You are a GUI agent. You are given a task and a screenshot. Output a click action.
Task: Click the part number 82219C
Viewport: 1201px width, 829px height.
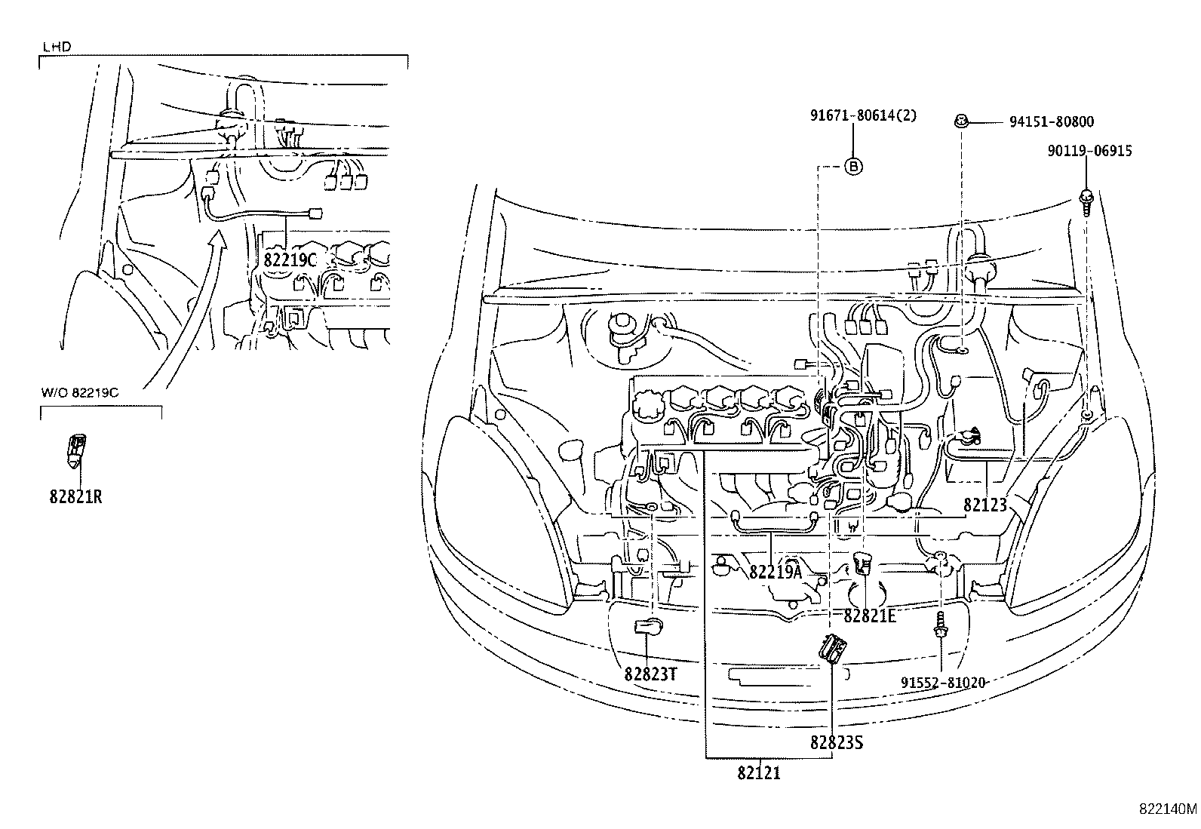(290, 258)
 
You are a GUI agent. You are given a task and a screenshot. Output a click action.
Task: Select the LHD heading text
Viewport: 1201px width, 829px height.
(57, 47)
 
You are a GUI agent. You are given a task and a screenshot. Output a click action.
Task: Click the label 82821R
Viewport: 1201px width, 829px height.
(76, 497)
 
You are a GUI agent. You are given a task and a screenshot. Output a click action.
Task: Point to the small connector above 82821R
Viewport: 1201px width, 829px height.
(76, 450)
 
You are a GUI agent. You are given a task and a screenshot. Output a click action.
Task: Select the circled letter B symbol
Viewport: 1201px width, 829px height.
(852, 167)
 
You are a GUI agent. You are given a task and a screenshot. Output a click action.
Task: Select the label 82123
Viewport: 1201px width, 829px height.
(984, 505)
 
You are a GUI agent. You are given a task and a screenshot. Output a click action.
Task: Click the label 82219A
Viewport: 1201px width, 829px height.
(776, 571)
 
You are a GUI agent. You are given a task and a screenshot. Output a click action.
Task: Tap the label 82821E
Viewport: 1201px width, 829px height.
(869, 616)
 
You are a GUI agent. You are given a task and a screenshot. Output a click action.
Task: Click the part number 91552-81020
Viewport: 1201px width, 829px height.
(943, 682)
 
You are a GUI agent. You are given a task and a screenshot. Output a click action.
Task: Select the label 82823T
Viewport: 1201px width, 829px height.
(650, 674)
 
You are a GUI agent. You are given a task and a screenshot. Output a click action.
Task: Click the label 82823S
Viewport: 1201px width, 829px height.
(836, 742)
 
